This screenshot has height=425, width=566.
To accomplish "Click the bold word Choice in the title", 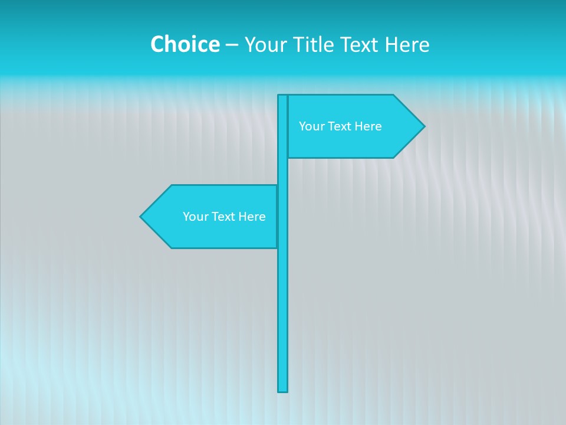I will pos(185,44).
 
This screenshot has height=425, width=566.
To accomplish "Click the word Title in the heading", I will pos(314,44).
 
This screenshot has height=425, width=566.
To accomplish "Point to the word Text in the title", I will pos(361,44).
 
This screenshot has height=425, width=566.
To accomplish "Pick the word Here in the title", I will pos(407,44).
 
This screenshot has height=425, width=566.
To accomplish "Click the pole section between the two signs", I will pos(283,171).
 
